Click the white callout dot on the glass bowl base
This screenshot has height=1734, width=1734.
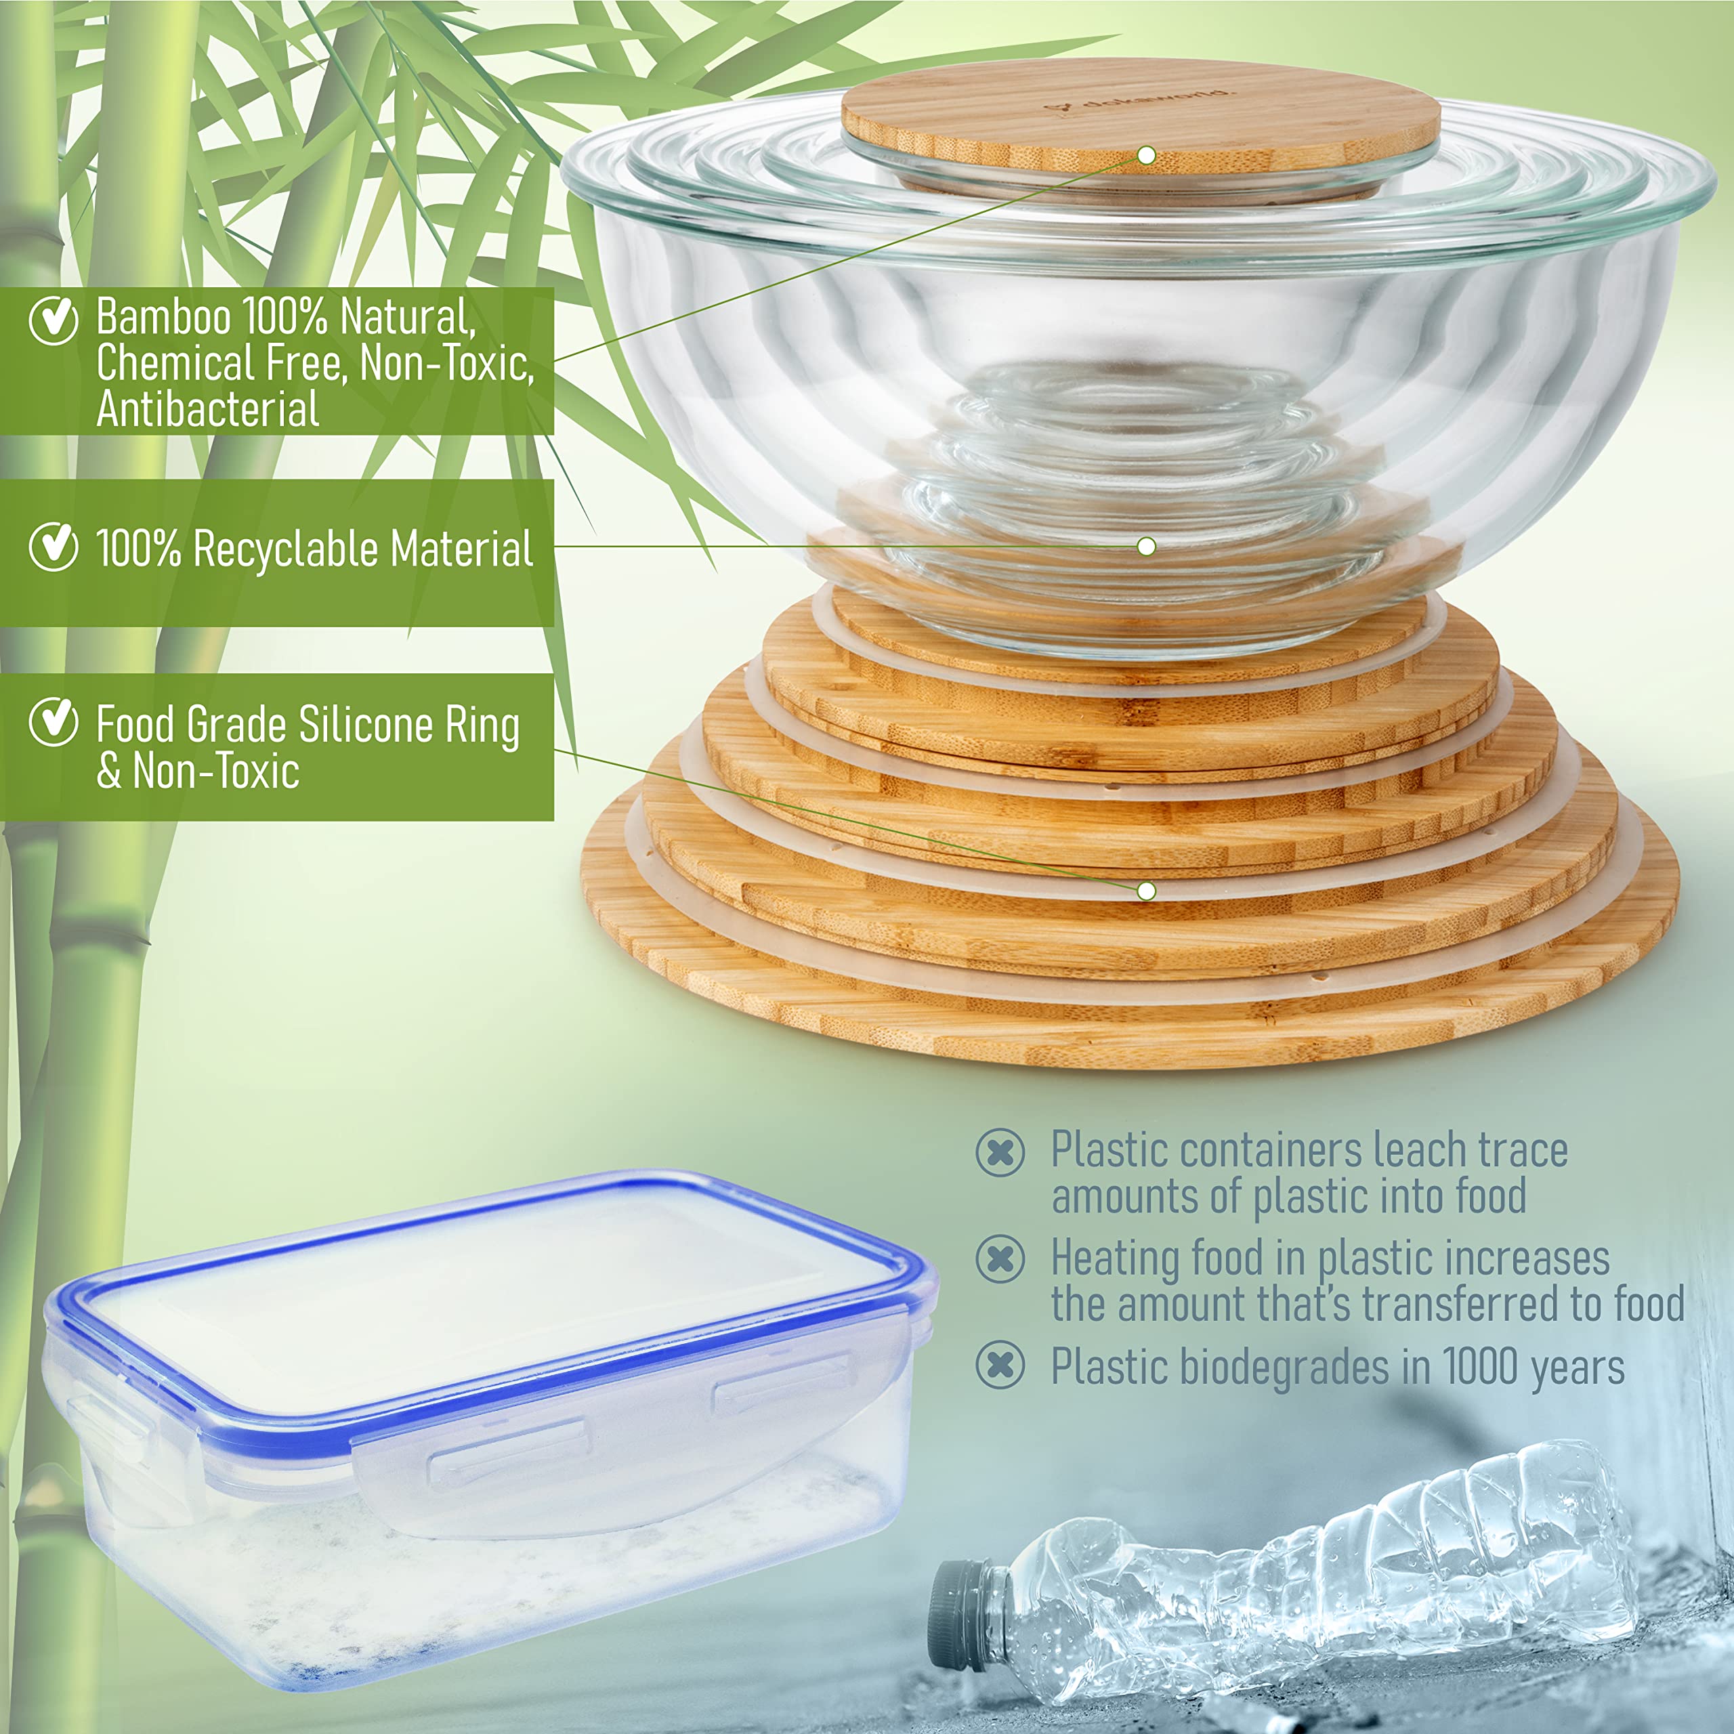(1146, 546)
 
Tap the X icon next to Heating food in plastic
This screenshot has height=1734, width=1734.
(1000, 1259)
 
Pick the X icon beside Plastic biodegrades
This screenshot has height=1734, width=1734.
(1000, 1366)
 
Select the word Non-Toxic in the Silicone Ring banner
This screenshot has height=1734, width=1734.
(215, 771)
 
